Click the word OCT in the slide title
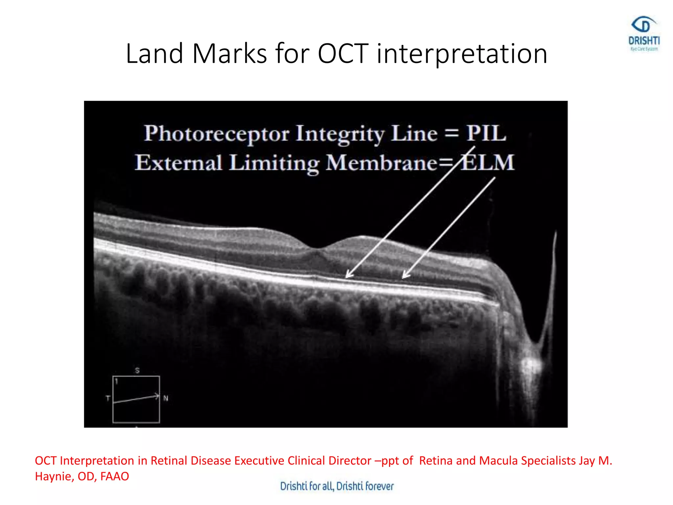[x=343, y=54]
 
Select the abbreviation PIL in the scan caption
[x=486, y=133]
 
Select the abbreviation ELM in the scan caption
[x=487, y=162]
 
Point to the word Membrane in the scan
[x=381, y=162]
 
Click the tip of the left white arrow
[x=347, y=277]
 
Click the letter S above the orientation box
[x=137, y=370]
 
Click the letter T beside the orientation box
[x=108, y=398]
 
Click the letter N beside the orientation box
[x=166, y=398]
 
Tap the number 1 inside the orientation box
[x=116, y=381]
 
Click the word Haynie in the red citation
[x=53, y=476]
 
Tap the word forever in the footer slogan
[x=379, y=486]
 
